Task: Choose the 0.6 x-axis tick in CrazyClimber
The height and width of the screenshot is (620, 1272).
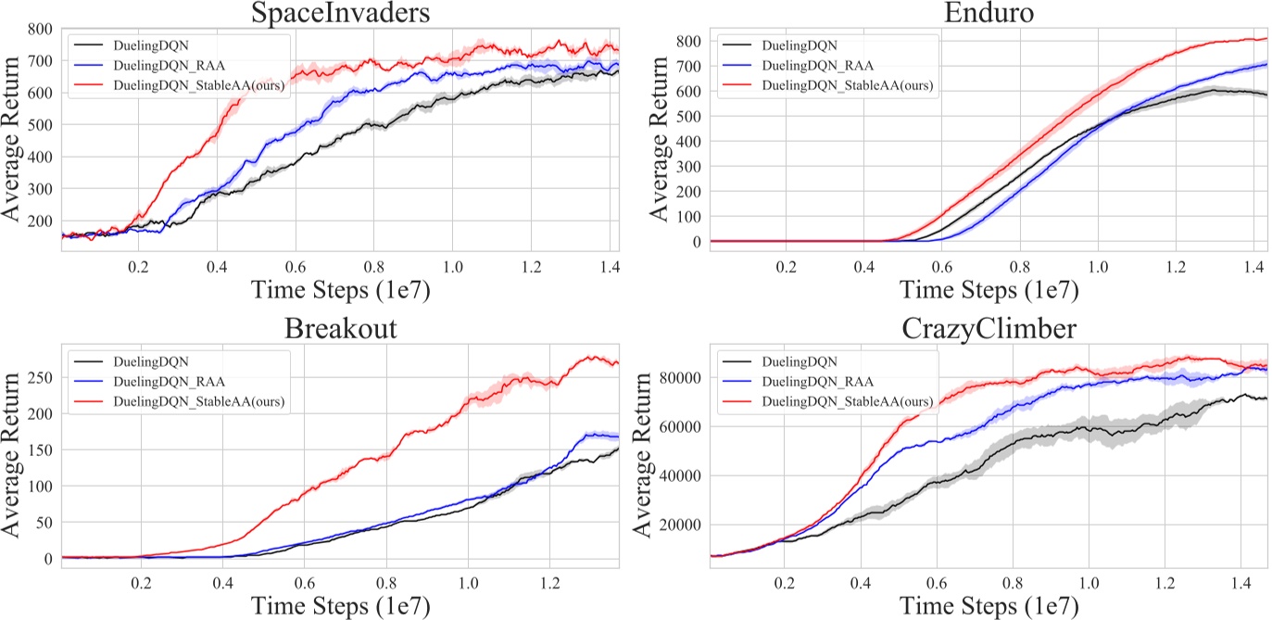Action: (x=937, y=586)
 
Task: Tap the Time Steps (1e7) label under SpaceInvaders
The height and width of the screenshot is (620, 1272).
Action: (x=340, y=289)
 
